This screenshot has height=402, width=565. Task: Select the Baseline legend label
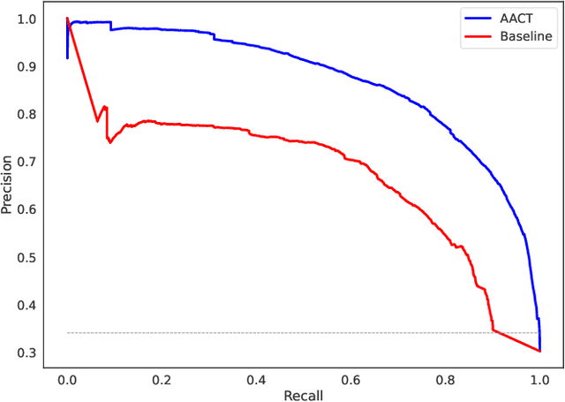(x=525, y=36)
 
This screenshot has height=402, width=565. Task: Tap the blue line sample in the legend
(x=477, y=18)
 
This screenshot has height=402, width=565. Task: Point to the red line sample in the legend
(x=477, y=36)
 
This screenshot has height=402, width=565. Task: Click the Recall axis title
(x=303, y=394)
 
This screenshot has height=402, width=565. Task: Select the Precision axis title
(x=8, y=185)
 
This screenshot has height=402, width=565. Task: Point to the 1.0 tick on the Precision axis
(x=28, y=19)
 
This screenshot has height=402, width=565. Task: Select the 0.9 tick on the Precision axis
(x=28, y=66)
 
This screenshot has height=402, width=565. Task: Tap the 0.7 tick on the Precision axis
(x=28, y=162)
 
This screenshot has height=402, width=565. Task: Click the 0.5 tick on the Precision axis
(x=28, y=257)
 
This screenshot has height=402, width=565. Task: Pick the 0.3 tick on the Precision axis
(x=28, y=353)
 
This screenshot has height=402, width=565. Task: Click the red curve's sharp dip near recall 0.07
(x=97, y=121)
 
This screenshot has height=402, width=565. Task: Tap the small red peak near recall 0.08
(x=105, y=107)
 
